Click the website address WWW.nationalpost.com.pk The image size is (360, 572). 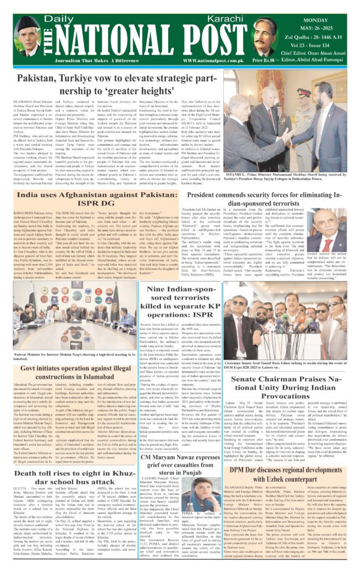click(214, 59)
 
